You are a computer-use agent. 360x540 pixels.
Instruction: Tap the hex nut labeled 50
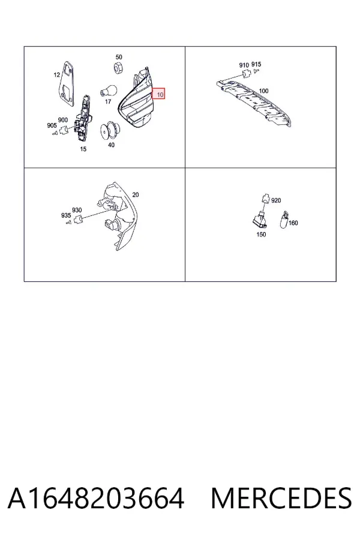[x=118, y=67]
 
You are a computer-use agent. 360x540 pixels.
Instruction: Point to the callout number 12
[x=57, y=74]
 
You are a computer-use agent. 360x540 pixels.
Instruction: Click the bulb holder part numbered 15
[x=84, y=118]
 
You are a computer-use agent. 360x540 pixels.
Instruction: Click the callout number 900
[x=62, y=120]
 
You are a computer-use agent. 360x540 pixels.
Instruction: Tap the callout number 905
[x=52, y=125]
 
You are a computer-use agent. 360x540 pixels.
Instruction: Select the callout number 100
[x=263, y=91]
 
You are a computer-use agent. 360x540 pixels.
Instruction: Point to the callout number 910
[x=244, y=65]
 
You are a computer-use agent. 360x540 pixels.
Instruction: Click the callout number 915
[x=256, y=64]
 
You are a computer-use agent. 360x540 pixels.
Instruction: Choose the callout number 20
[x=136, y=194]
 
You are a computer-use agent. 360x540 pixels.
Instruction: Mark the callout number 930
[x=77, y=210]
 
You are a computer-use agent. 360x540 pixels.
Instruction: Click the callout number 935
[x=66, y=215]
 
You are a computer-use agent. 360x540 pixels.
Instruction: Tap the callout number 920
[x=276, y=200]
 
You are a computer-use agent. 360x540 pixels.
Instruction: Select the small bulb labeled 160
[x=284, y=220]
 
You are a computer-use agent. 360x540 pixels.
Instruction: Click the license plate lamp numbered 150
[x=260, y=220]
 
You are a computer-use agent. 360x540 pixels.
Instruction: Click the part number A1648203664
[x=96, y=499]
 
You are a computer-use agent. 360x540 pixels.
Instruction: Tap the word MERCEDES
[x=281, y=499]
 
